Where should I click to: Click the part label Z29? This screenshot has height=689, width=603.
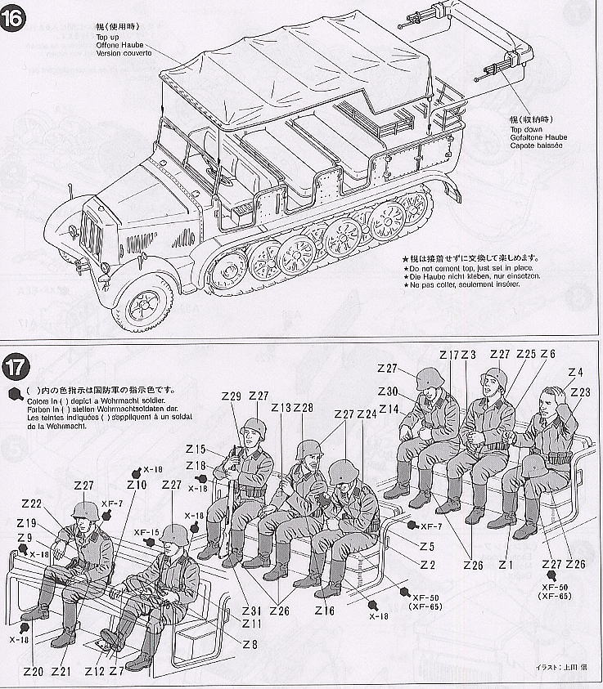point(232,396)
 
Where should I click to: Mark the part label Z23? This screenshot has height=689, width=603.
point(580,392)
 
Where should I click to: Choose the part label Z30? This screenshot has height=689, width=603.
point(388,391)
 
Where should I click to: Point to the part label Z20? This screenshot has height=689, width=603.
point(33,672)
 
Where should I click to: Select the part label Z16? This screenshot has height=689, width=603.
point(324,610)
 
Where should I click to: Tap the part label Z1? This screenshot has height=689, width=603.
point(505,564)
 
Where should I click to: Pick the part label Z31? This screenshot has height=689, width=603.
point(251,610)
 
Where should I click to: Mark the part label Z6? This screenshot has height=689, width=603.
point(547,354)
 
